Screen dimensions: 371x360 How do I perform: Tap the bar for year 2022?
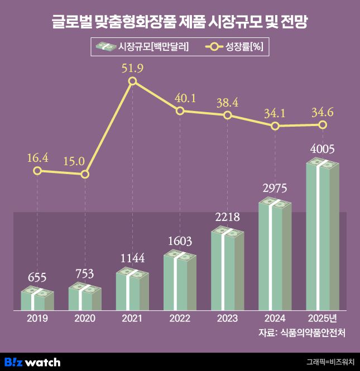(x=180, y=281)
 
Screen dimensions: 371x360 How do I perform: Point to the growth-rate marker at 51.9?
(x=132, y=81)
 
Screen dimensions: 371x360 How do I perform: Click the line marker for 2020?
(x=85, y=174)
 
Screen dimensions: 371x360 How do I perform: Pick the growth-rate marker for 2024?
(x=275, y=126)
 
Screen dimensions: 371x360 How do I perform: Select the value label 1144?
(x=132, y=258)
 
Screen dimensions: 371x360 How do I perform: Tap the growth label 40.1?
(x=180, y=98)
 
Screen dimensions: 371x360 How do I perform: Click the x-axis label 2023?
(x=227, y=319)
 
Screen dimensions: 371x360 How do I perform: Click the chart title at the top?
(x=180, y=22)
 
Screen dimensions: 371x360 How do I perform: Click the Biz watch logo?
(x=32, y=362)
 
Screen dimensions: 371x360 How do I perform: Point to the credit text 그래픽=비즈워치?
(x=330, y=362)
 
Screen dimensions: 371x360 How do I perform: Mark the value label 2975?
(x=275, y=187)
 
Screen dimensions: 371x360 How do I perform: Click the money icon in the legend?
(x=105, y=47)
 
